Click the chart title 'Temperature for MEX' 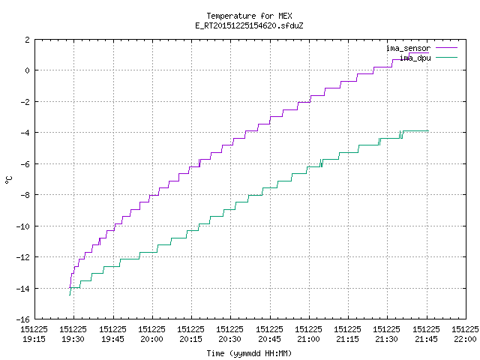249,16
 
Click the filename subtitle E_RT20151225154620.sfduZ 249,25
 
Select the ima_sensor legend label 408,48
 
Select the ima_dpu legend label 415,58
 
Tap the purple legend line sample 446,48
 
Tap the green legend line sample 446,58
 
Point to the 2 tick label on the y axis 28,40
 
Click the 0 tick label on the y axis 28,70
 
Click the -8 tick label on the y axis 25,195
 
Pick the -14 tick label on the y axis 23,289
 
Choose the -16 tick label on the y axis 23,319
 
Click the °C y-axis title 9,179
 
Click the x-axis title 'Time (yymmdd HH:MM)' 249,353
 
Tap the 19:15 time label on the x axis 34,339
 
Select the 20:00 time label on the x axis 151,339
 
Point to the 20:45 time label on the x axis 269,339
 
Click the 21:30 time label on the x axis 387,339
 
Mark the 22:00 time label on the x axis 465,339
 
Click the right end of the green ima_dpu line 428,131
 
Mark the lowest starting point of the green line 70,295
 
